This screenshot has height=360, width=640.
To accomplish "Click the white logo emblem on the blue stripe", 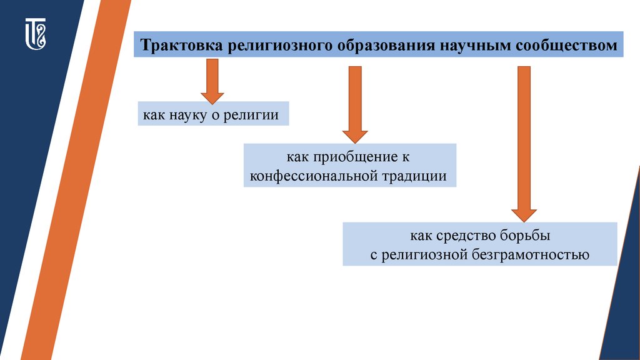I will (36, 34).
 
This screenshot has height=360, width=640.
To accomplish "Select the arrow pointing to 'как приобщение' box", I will (355, 104).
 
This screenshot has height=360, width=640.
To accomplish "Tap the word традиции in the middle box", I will (416, 176).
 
